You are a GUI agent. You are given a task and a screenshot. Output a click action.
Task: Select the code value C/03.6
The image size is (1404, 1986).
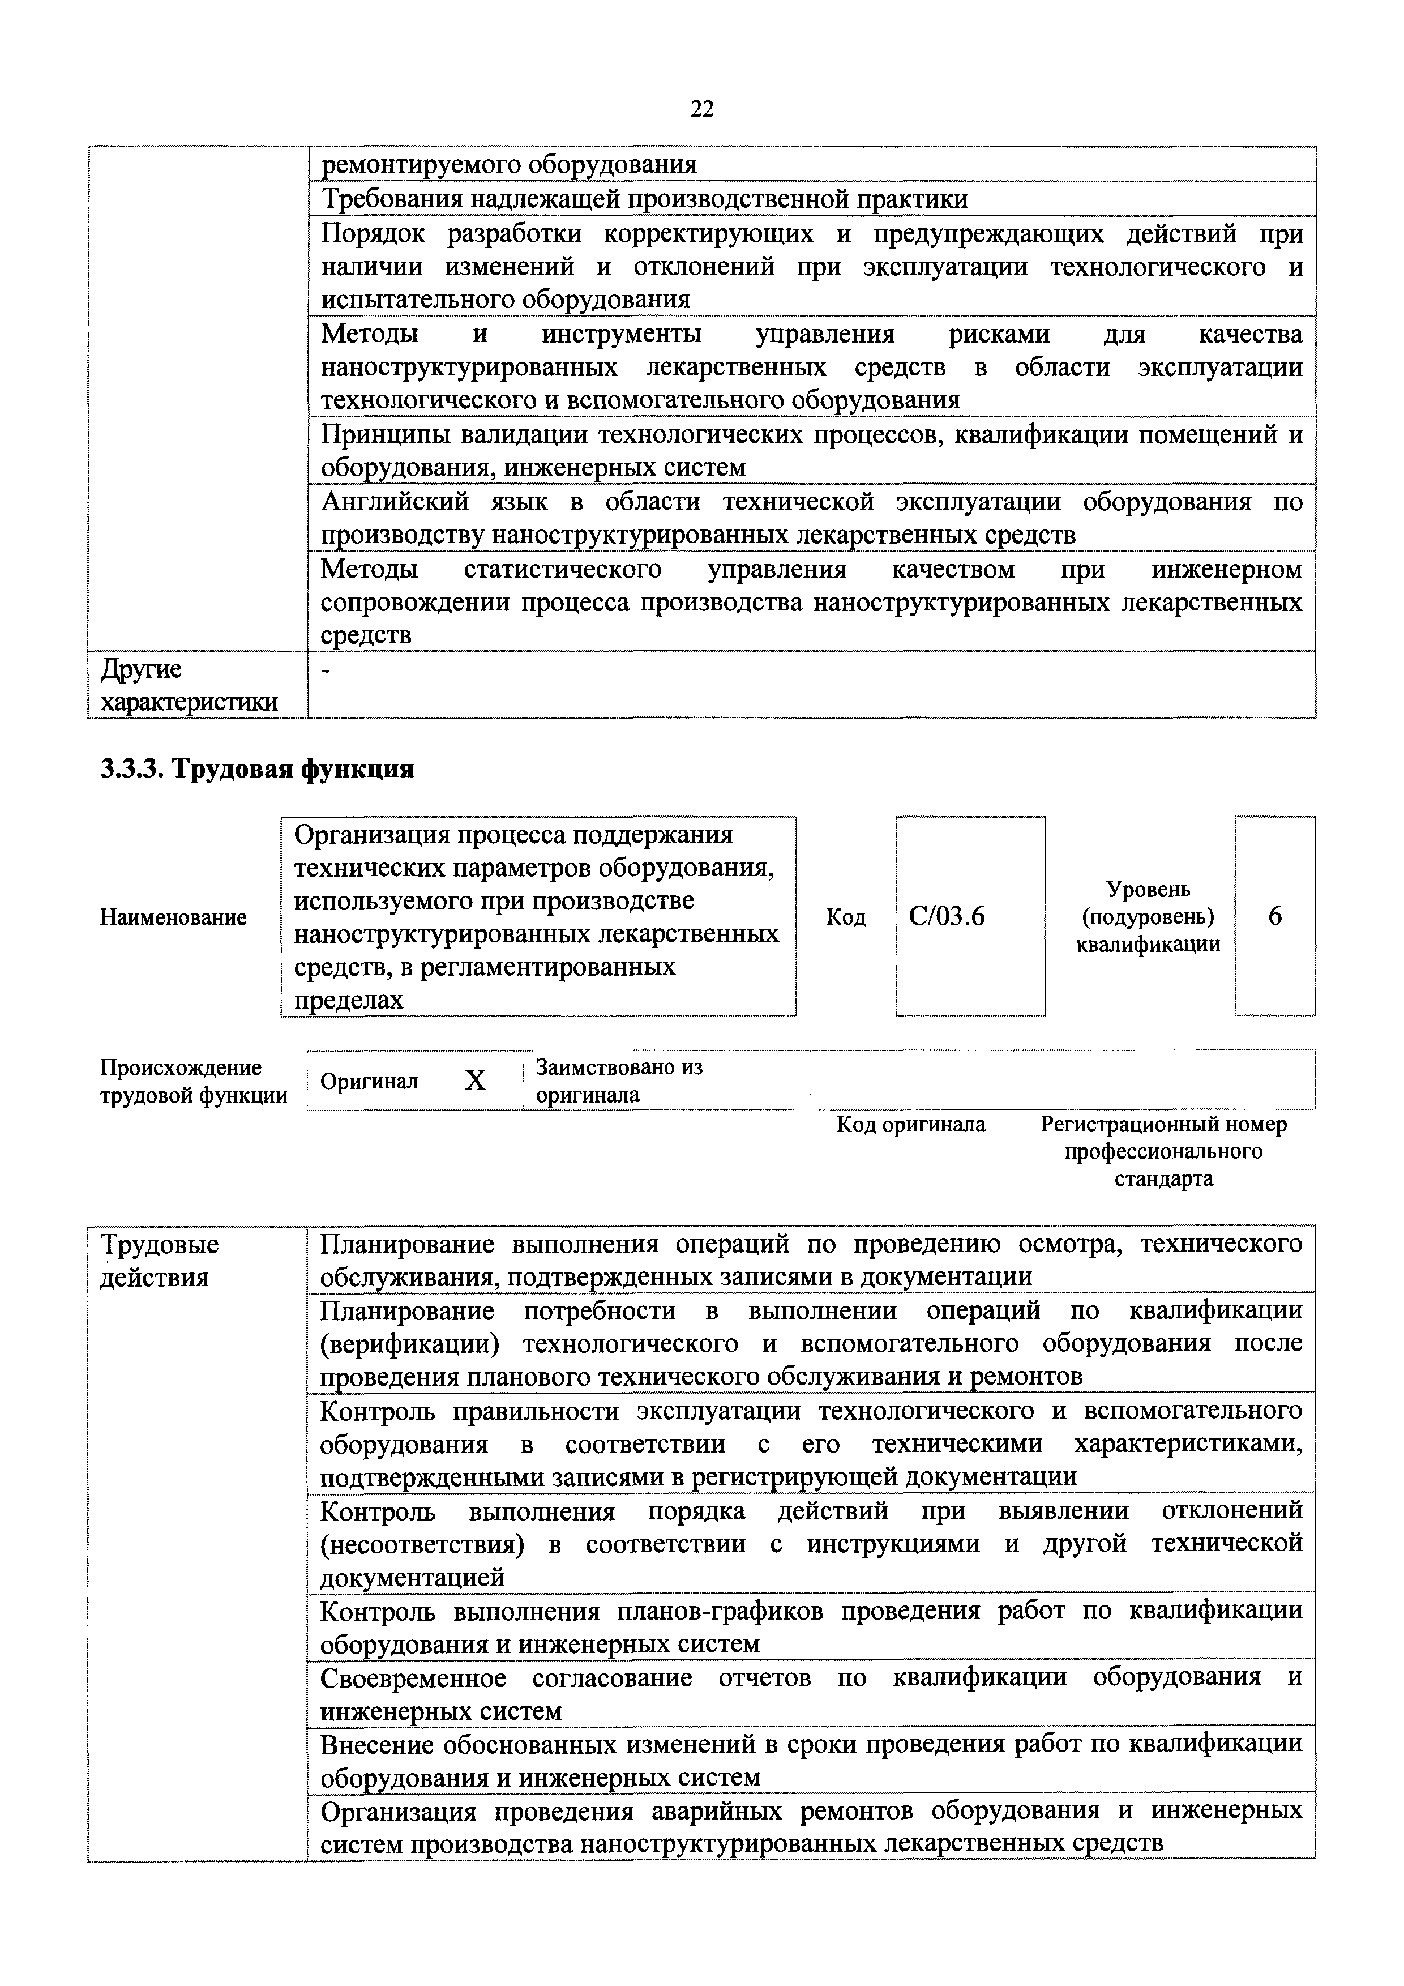pyautogui.click(x=948, y=916)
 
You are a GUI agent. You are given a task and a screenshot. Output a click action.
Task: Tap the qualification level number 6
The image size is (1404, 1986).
pyautogui.click(x=1275, y=916)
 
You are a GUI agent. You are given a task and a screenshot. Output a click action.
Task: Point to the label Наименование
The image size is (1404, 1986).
pyautogui.click(x=174, y=917)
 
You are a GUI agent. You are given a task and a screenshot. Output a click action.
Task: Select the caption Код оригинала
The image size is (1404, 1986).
pyautogui.click(x=910, y=1125)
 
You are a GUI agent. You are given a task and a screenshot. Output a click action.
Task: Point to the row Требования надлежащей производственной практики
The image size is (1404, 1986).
pyautogui.click(x=644, y=199)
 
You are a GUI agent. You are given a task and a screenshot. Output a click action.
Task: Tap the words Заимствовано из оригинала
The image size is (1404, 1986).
pyautogui.click(x=619, y=1080)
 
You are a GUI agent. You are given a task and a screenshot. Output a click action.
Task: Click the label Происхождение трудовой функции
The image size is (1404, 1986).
pyautogui.click(x=194, y=1081)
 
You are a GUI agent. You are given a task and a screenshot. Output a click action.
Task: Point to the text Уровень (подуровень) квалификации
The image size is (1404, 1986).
pyautogui.click(x=1148, y=916)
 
